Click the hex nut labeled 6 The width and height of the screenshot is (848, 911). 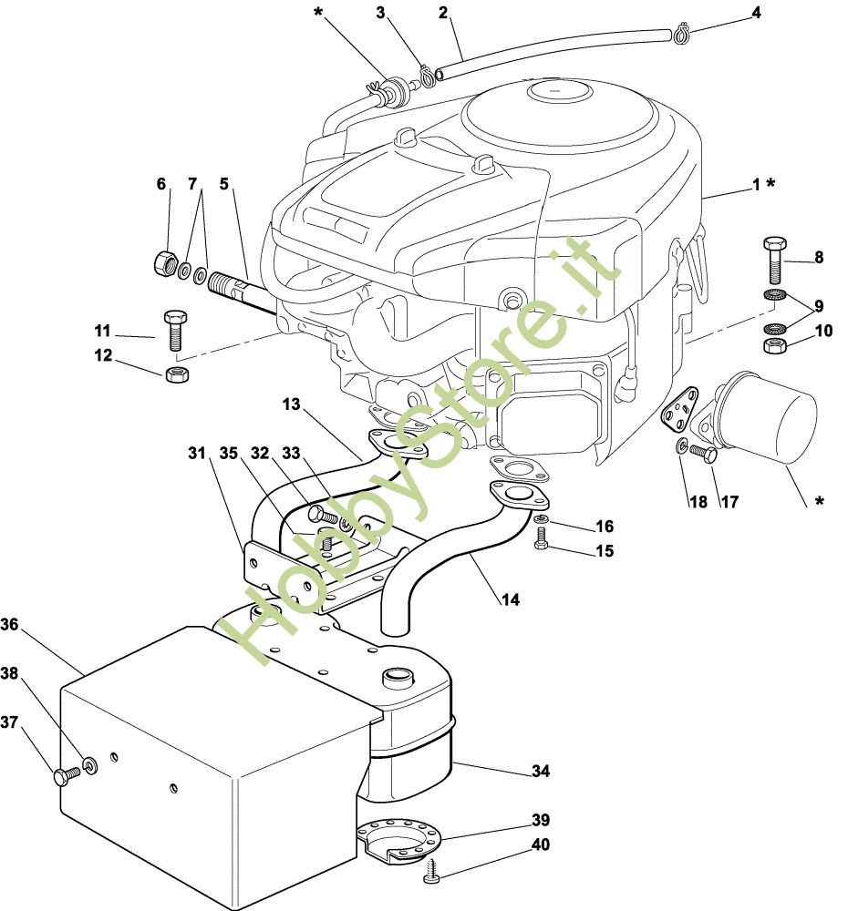click(164, 263)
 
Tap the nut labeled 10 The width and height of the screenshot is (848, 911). click(774, 346)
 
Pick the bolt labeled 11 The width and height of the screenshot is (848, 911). click(174, 329)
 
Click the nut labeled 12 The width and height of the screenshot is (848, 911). click(177, 374)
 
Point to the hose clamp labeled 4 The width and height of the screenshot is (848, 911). click(679, 36)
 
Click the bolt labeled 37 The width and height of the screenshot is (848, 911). click(64, 776)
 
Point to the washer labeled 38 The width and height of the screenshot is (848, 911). click(89, 765)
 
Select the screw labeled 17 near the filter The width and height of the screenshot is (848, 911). click(700, 452)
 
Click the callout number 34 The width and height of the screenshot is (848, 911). click(541, 772)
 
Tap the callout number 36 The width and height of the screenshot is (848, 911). click(10, 625)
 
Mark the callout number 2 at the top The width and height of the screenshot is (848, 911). click(443, 13)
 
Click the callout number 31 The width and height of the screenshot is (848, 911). click(197, 453)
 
